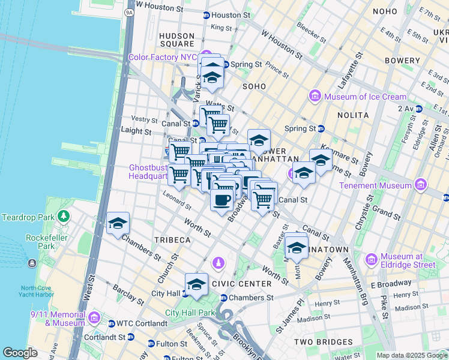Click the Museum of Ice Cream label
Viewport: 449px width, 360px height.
[x=365, y=97]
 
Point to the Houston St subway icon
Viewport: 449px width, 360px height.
[x=206, y=15]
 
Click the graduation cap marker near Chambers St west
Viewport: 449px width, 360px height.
[x=118, y=224]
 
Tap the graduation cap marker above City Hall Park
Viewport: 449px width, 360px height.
[x=196, y=286]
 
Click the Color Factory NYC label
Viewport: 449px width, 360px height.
[x=162, y=58]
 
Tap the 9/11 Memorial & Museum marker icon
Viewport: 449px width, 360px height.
[x=94, y=317]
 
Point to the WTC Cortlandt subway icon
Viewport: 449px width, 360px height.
[x=111, y=324]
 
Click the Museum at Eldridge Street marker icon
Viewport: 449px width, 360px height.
[x=372, y=260]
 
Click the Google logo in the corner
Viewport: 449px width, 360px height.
[x=20, y=353]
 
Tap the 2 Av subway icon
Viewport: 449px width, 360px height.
[x=420, y=109]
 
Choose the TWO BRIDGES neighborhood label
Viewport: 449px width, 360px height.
[x=323, y=341]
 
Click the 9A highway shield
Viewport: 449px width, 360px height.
[x=129, y=13]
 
